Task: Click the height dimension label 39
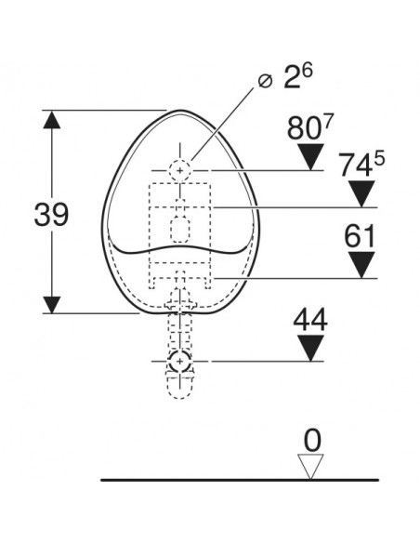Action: [x=51, y=215]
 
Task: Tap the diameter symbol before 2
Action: [x=266, y=81]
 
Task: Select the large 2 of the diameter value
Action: [x=291, y=77]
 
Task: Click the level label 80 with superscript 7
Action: [x=309, y=127]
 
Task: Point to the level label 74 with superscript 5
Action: [x=361, y=165]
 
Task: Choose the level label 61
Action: [x=360, y=236]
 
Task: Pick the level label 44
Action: [x=310, y=321]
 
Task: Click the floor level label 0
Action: [x=312, y=441]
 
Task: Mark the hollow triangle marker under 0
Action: [x=310, y=467]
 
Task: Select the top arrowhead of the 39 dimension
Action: [x=52, y=119]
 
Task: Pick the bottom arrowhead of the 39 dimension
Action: [x=52, y=305]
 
